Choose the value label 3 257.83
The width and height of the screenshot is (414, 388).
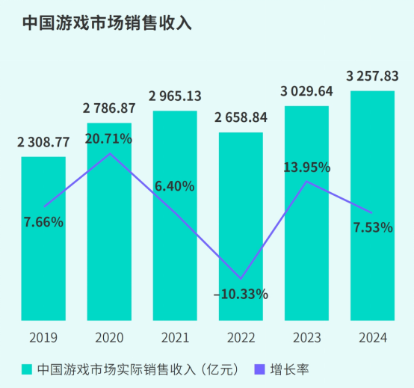(x=373, y=76)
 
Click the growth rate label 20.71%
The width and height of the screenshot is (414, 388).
(x=108, y=138)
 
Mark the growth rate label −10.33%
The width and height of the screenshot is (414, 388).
(x=241, y=294)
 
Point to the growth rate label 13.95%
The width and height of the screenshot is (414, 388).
(x=307, y=167)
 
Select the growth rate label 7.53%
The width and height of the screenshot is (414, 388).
(x=372, y=227)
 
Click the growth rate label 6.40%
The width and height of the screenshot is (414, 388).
(x=174, y=185)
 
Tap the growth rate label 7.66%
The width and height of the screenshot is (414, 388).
(x=43, y=221)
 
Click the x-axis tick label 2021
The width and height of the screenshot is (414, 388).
(x=174, y=337)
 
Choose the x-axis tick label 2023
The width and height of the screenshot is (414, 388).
(x=306, y=337)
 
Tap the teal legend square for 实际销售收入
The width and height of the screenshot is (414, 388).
(x=27, y=369)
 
